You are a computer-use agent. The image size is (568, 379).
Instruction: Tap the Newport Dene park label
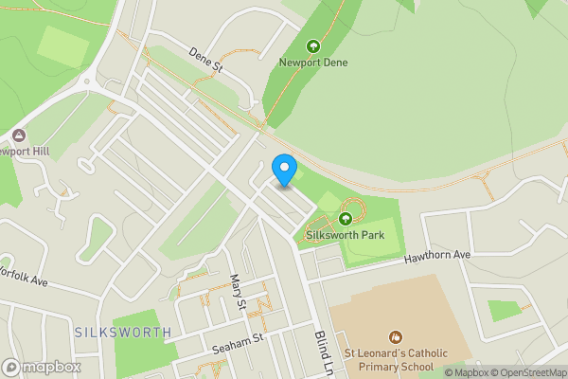click(313, 63)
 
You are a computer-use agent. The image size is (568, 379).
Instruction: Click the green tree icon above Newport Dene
click(313, 45)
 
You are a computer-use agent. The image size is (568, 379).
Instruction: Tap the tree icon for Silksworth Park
click(345, 219)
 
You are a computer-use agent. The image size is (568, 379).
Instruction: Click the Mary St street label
click(238, 292)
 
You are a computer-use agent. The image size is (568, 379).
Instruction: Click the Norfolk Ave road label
click(23, 276)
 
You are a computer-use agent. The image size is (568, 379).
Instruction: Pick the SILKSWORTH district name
click(123, 333)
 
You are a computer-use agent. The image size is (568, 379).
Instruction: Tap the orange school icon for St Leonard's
click(396, 337)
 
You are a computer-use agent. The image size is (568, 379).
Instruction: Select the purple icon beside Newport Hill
click(19, 135)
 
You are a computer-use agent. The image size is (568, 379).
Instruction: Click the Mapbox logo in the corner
click(41, 367)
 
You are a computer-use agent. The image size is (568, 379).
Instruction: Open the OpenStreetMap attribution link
click(526, 371)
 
